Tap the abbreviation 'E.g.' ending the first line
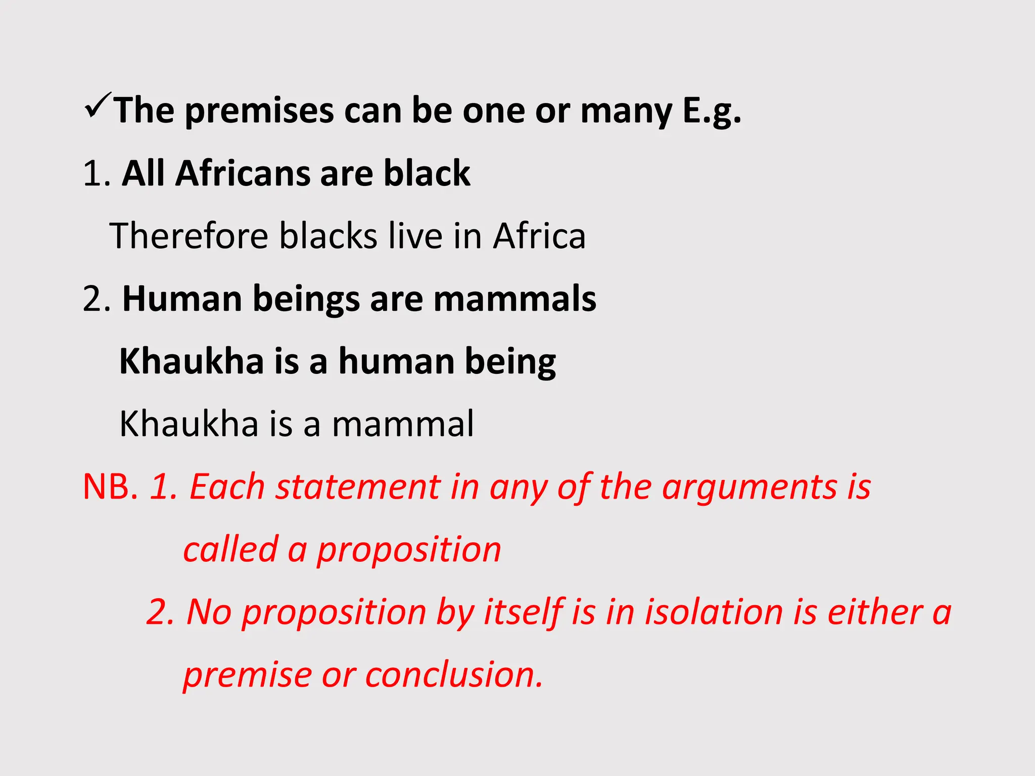[712, 111]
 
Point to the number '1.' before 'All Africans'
[97, 173]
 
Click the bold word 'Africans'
[243, 173]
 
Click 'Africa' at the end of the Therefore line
[539, 236]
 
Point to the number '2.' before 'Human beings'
[97, 299]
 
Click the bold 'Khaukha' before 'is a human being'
[192, 361]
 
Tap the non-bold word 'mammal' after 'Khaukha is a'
[403, 424]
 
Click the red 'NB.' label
[111, 487]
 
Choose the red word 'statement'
[358, 487]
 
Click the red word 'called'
[230, 549]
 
